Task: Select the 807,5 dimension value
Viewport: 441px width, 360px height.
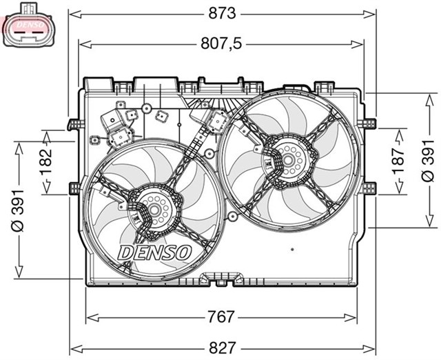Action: pyautogui.click(x=222, y=44)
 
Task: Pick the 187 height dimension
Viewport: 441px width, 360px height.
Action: pyautogui.click(x=398, y=162)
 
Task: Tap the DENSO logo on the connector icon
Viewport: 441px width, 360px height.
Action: pyautogui.click(x=28, y=26)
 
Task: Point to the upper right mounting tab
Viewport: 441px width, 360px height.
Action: pyautogui.click(x=369, y=123)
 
